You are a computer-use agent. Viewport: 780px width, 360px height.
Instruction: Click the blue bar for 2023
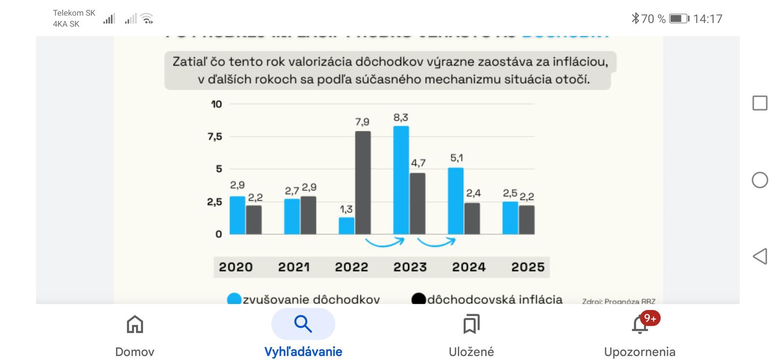point(401,180)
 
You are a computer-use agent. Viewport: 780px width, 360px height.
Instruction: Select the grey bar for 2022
point(363,182)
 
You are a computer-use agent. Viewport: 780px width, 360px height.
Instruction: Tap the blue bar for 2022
point(347,225)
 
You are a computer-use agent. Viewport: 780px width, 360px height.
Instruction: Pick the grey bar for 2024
point(472,218)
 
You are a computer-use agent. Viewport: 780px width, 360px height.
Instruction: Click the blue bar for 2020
point(237,215)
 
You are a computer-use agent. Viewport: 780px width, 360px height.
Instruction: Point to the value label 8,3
point(401,118)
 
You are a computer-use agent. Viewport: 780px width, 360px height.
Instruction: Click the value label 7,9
point(362,122)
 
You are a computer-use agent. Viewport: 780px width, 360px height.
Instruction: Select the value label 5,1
point(456,158)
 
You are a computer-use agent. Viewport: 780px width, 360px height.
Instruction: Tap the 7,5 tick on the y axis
point(214,137)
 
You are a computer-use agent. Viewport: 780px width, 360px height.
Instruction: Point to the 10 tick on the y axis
point(216,104)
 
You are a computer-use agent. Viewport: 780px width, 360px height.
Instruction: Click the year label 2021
point(293,267)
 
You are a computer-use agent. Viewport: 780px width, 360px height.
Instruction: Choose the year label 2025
point(527,267)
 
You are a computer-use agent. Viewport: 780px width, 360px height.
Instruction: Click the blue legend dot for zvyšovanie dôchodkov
point(234,299)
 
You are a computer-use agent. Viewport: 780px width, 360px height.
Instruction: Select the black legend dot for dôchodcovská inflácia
point(418,299)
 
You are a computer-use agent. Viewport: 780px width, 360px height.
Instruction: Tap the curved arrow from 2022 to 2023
point(385,242)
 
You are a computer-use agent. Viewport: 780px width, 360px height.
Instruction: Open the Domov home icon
point(135,324)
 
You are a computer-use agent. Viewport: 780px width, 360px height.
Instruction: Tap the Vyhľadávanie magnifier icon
point(303,324)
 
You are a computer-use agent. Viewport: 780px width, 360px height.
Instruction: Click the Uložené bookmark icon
point(471,324)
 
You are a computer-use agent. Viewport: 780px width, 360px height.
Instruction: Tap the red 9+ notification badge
point(650,319)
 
